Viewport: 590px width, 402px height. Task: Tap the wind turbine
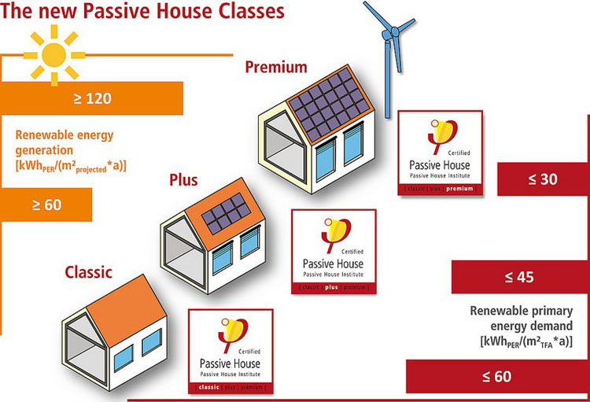(390, 39)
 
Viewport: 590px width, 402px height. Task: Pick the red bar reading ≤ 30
(543, 179)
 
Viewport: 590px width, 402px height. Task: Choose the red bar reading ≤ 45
(520, 276)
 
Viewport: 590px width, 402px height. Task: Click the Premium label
(275, 67)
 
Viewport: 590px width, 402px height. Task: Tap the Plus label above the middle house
(183, 180)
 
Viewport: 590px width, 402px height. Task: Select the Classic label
(87, 272)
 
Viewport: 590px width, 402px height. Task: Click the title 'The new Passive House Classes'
(142, 12)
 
